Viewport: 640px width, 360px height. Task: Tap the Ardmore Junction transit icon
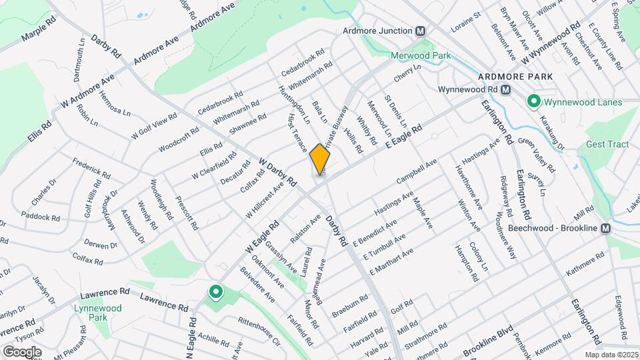click(x=421, y=31)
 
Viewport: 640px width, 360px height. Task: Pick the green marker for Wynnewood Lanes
click(x=533, y=102)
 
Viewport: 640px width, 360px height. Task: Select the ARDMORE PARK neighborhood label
click(x=516, y=77)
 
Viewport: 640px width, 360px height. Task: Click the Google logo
click(x=22, y=351)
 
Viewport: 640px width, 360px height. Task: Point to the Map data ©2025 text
click(x=611, y=355)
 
